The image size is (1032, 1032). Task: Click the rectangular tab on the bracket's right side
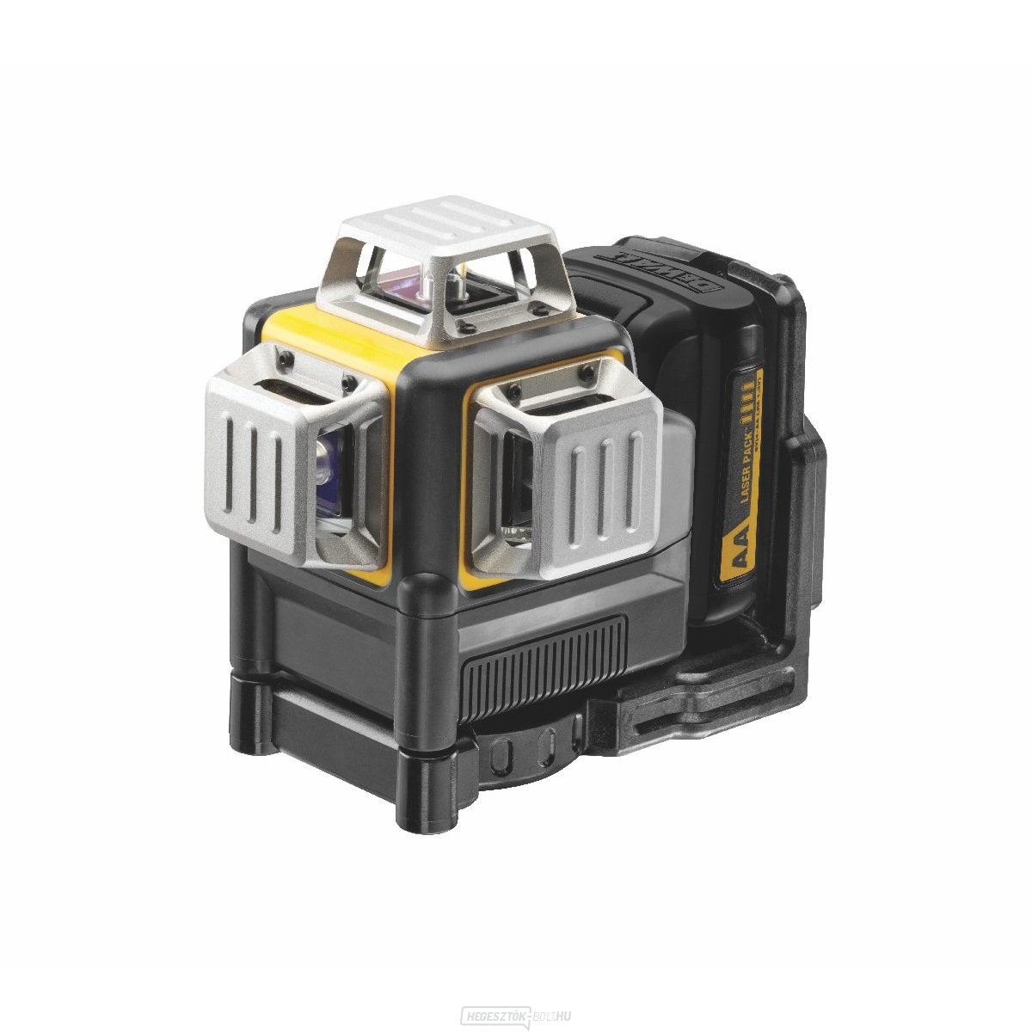pos(809,482)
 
